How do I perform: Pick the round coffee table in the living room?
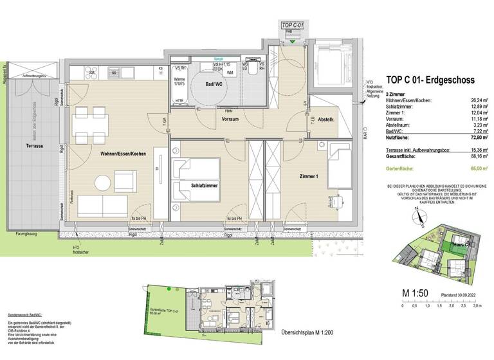[105, 183]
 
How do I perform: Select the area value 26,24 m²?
[475, 100]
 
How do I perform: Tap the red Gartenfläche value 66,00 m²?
[475, 167]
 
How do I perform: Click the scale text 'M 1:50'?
[415, 294]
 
